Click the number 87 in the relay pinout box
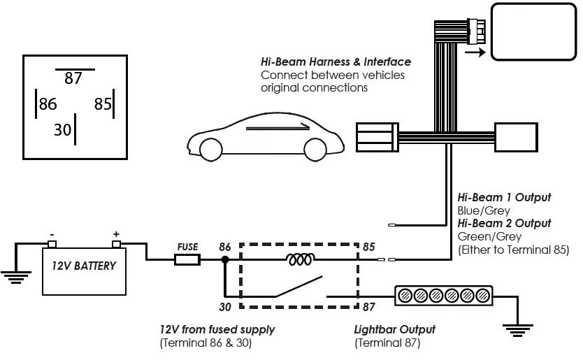tap(73, 78)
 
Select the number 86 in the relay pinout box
tap(48, 104)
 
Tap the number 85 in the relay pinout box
tap(103, 104)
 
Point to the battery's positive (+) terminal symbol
tap(116, 234)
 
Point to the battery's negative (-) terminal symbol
tap(51, 234)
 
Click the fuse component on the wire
tap(187, 260)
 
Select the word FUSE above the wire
tap(187, 247)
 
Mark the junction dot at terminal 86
tap(224, 260)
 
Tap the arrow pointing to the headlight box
tap(475, 51)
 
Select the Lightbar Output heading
tap(395, 329)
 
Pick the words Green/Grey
tap(484, 236)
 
